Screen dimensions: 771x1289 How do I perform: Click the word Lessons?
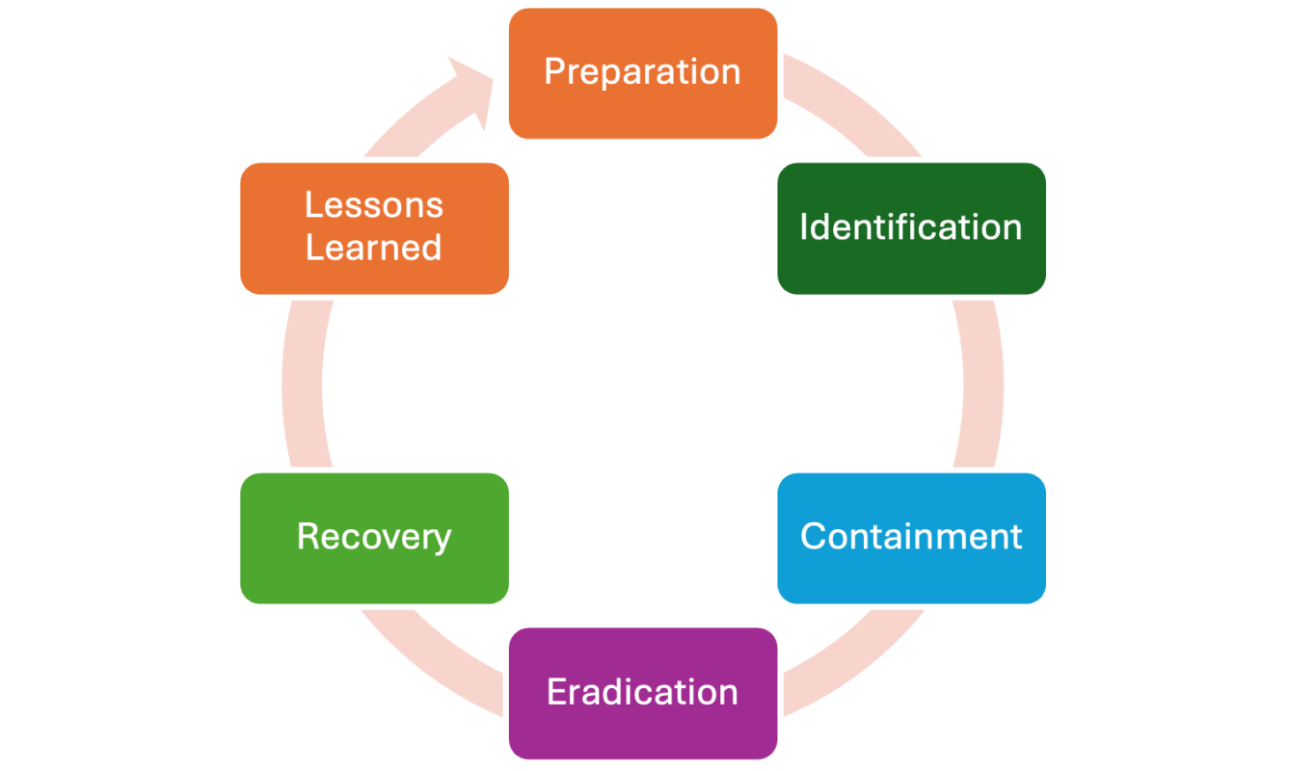click(374, 204)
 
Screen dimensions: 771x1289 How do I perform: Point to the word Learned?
click(374, 248)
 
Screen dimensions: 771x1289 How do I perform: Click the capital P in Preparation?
click(553, 71)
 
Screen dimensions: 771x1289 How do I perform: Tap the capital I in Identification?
click(804, 227)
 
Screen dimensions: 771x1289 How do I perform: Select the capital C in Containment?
click(813, 537)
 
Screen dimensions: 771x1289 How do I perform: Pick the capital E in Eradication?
click(556, 692)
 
